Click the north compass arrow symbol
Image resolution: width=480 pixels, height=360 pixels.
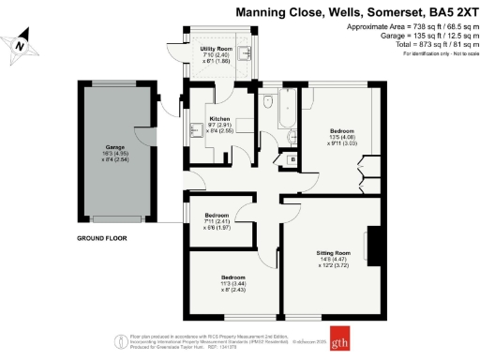[20, 41]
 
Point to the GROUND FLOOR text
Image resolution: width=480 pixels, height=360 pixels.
[102, 238]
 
